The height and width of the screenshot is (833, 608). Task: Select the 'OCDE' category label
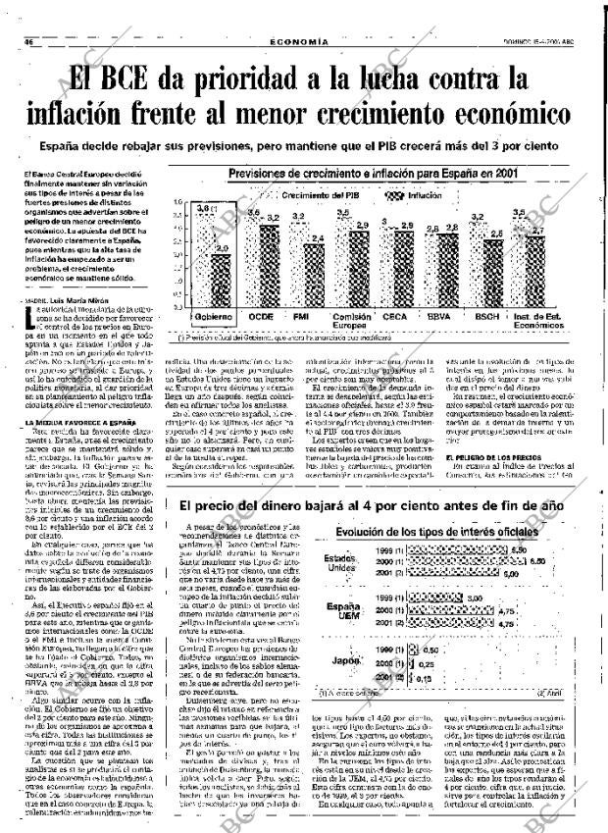[262, 318]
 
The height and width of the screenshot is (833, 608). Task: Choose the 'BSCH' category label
[485, 318]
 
